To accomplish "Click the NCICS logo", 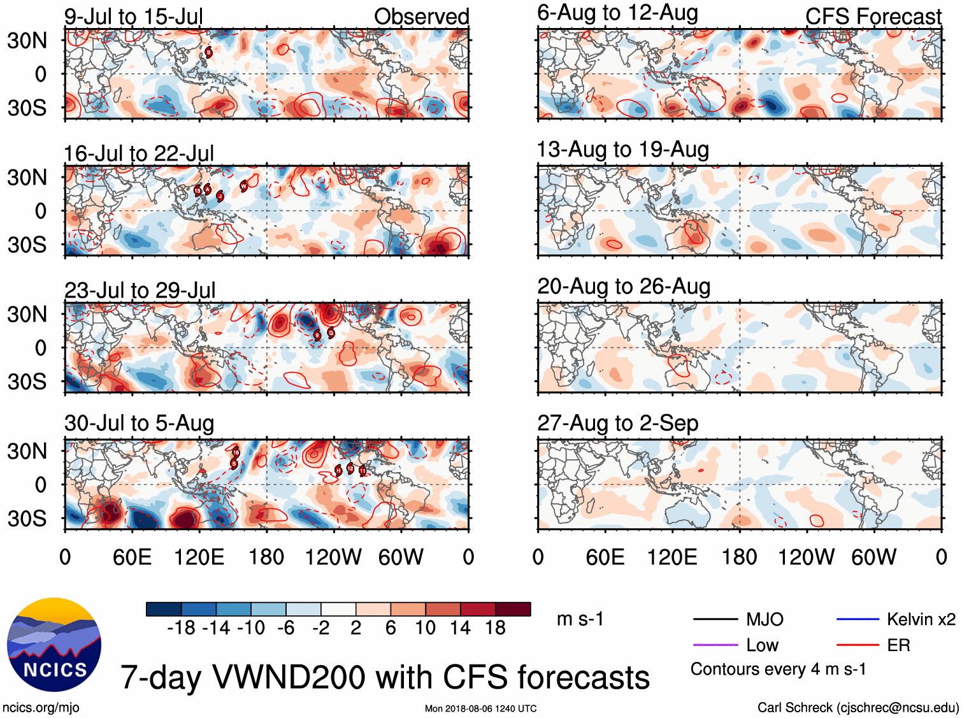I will click(x=54, y=645).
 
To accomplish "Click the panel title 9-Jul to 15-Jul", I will click(x=133, y=17).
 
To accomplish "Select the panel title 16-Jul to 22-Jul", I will click(x=139, y=154).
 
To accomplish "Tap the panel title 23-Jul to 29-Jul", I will click(x=140, y=291).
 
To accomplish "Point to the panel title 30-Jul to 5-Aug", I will click(x=139, y=424).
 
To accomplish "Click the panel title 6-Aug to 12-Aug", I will click(x=617, y=13).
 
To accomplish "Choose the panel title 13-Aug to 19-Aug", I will click(x=622, y=150).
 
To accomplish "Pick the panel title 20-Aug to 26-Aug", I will click(x=624, y=287).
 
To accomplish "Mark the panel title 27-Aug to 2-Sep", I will click(x=617, y=423).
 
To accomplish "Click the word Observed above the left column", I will click(x=421, y=17).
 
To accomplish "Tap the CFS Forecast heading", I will click(x=873, y=17).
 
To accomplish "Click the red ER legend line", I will click(x=858, y=645).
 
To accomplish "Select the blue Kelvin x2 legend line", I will click(x=858, y=619).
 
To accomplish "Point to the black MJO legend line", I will click(x=715, y=619).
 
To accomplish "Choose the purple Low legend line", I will click(x=715, y=645).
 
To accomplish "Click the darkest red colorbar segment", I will click(x=513, y=609).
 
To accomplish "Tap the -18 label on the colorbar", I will click(x=182, y=628).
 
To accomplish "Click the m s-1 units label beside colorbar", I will click(x=580, y=619).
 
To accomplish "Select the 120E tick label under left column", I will click(x=199, y=557).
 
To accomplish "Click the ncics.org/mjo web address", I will click(x=41, y=708).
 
